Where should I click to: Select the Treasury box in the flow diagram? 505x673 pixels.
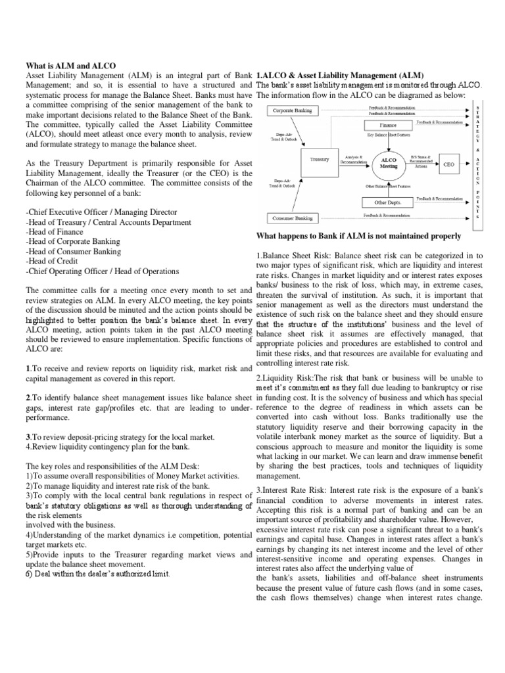tap(319, 158)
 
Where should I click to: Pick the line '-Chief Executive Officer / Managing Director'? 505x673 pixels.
tap(101, 212)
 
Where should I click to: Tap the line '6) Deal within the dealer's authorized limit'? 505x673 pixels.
tap(97, 574)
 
